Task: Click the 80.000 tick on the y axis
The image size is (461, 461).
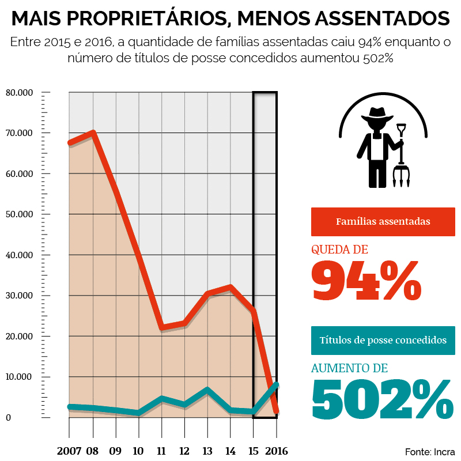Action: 20,92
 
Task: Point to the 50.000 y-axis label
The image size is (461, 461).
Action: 20,214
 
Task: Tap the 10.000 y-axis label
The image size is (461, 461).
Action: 20,377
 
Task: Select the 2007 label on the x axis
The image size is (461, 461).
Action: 69,451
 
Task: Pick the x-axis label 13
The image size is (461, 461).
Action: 207,451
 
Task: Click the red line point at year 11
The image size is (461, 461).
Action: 162,328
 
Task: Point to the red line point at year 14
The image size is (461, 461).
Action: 231,287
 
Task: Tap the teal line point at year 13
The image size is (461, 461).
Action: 207,390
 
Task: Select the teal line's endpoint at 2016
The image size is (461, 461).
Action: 277,384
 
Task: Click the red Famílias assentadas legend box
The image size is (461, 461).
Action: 383,221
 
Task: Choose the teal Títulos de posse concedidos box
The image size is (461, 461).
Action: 383,340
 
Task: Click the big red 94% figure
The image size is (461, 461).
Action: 366,281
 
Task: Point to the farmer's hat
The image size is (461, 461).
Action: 377,114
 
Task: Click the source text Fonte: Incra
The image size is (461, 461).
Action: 430,451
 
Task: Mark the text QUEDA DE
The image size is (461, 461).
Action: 339,250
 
